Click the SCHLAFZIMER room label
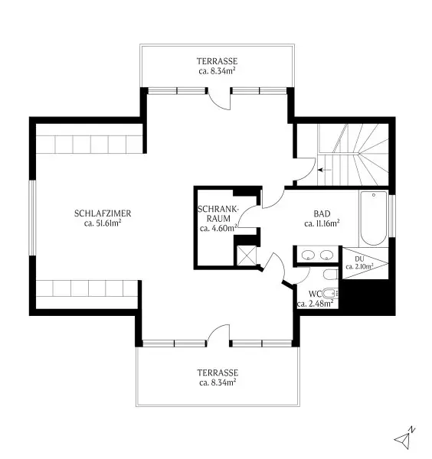pos(103,213)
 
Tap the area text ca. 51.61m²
pos(103,223)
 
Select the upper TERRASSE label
pos(217,61)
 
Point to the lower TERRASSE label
pos(218,373)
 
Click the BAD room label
pos(322,213)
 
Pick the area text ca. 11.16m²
pos(322,223)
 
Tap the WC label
pos(315,294)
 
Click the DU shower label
pos(359,259)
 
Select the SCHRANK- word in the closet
pos(218,209)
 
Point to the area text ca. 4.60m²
pos(218,228)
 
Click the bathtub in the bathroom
pos(373,218)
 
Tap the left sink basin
pos(308,255)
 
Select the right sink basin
pos(326,255)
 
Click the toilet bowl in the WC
pos(330,275)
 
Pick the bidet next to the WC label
pos(330,293)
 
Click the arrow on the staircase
pos(325,170)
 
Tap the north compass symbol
pos(404,438)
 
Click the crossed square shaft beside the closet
pos(247,256)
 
